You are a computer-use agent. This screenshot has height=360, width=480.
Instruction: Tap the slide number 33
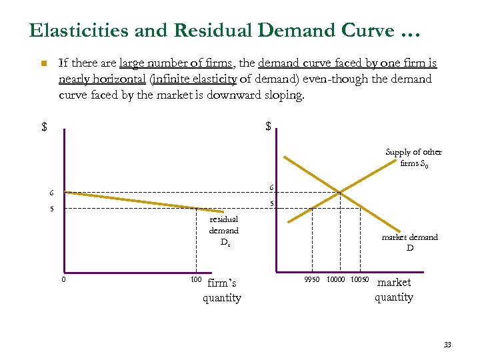click(x=447, y=345)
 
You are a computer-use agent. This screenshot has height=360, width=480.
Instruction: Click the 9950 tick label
click(x=312, y=278)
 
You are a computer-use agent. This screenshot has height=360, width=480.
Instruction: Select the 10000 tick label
click(x=335, y=278)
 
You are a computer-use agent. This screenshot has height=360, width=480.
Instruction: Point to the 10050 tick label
click(x=359, y=278)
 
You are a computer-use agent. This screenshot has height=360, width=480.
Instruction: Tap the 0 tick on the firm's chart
click(x=63, y=279)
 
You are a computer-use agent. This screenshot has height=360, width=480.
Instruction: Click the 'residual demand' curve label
click(x=224, y=231)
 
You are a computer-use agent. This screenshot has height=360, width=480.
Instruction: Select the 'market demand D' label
click(x=409, y=243)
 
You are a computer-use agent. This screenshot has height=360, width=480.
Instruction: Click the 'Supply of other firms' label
click(x=413, y=157)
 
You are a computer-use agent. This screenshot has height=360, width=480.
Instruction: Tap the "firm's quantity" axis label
click(x=222, y=290)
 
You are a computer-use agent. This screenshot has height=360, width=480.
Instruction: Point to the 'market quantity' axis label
click(x=394, y=289)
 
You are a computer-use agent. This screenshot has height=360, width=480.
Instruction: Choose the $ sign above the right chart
click(x=268, y=126)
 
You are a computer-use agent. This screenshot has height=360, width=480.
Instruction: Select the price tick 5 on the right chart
click(x=271, y=203)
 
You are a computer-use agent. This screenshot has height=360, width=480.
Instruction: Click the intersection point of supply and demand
click(x=339, y=193)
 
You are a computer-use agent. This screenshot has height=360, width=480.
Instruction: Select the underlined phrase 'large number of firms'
click(x=175, y=63)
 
